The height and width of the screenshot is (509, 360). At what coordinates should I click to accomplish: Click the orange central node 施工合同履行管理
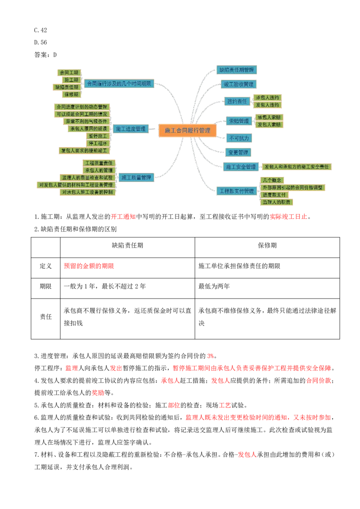[188, 130]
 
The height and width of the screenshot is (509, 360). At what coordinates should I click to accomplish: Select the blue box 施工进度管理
[130, 129]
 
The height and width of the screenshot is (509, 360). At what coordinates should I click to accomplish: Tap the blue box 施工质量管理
[136, 177]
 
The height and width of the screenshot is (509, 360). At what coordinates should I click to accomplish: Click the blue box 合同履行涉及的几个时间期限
[119, 83]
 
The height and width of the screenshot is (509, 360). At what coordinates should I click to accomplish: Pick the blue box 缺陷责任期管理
[237, 70]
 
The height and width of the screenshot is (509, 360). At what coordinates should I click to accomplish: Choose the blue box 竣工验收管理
[239, 84]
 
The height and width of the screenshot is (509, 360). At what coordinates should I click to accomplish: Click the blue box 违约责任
[237, 101]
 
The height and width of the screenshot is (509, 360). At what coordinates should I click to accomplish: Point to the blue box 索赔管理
[239, 121]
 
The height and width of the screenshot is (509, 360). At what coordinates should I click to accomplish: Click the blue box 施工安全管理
[240, 167]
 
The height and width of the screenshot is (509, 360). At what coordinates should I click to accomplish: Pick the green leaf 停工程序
[98, 143]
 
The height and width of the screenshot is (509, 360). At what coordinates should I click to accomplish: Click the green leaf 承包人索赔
[270, 117]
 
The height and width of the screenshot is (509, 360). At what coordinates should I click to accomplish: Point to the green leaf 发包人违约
[267, 105]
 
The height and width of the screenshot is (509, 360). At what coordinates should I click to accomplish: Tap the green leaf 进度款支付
[274, 195]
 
